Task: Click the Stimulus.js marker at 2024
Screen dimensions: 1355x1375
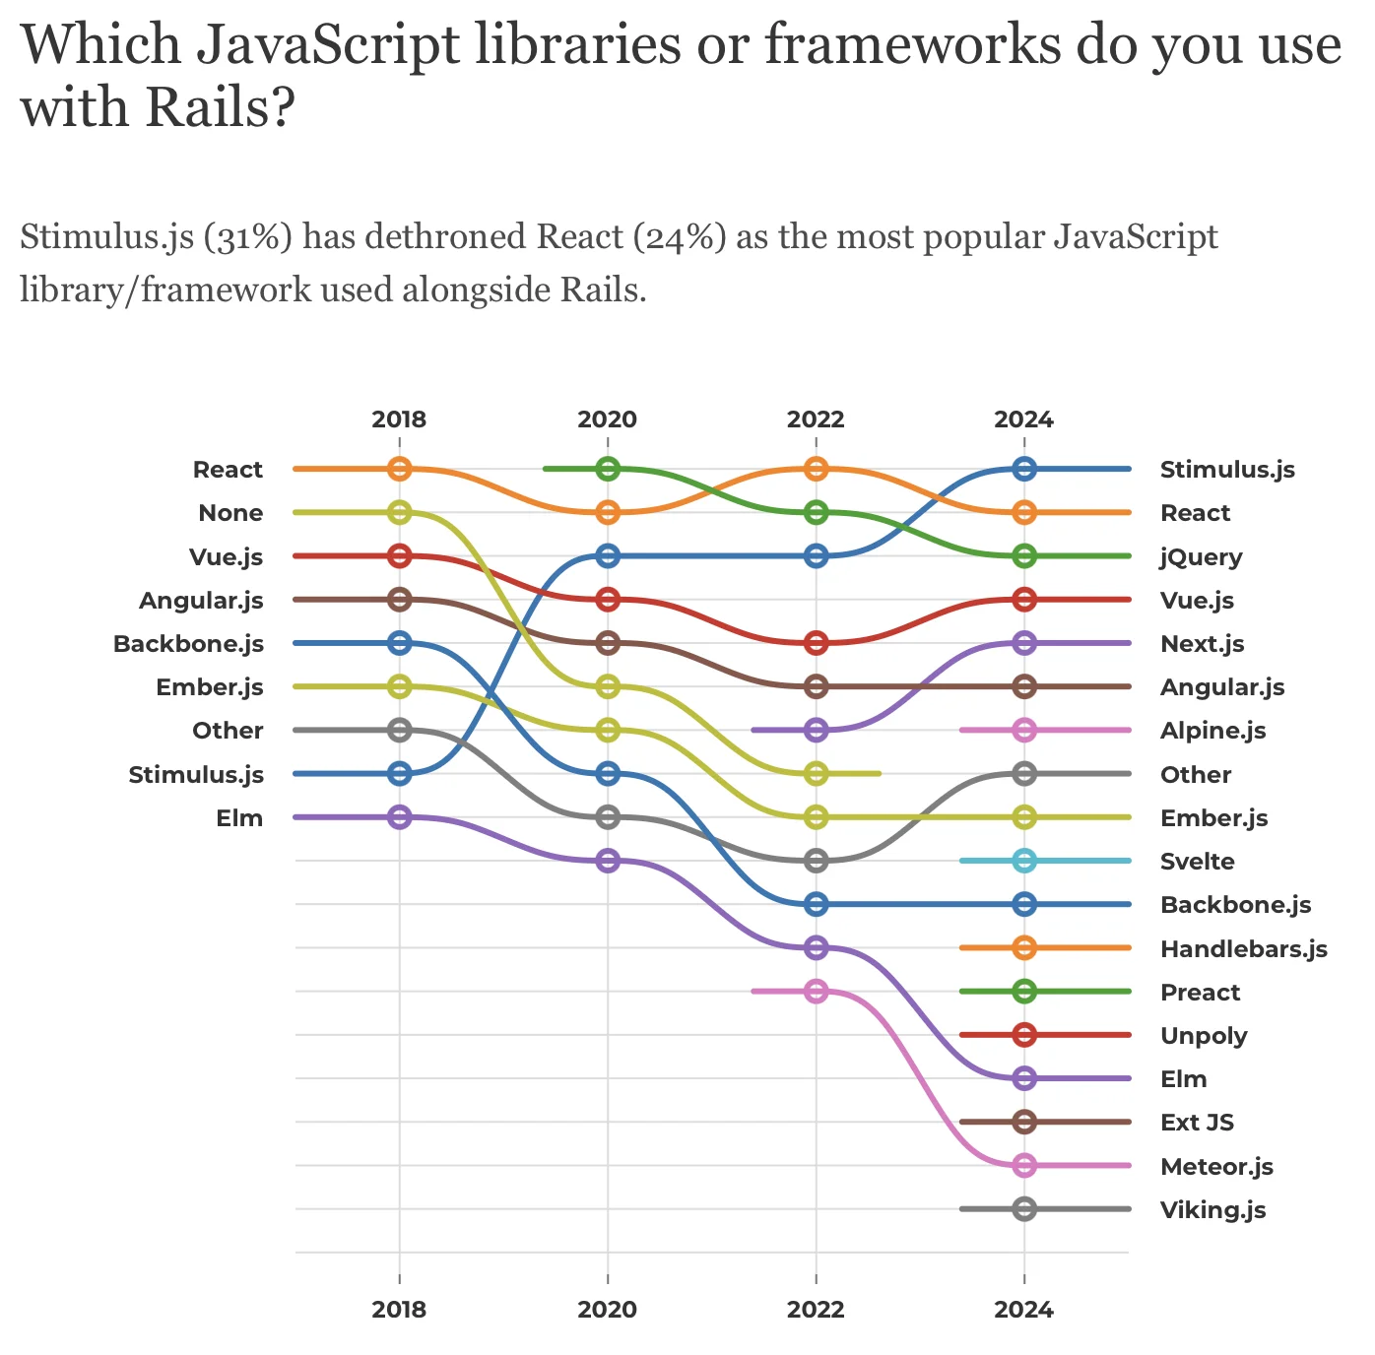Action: tap(1024, 469)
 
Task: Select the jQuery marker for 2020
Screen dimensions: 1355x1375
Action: tap(608, 469)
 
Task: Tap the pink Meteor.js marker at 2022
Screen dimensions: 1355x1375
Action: tap(816, 991)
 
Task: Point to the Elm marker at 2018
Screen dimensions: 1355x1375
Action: tap(399, 816)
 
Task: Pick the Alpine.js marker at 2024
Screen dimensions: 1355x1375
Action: tap(1024, 730)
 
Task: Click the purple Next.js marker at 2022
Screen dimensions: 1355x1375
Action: tap(816, 730)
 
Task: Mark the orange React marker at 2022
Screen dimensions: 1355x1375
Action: tap(816, 469)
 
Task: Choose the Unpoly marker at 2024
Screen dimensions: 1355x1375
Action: tap(1024, 1035)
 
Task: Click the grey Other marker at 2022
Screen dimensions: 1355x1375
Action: tap(816, 861)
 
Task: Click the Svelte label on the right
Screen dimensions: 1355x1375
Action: tap(1197, 862)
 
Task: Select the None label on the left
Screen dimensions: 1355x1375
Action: tap(230, 513)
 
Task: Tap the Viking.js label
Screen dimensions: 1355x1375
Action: tap(1212, 1210)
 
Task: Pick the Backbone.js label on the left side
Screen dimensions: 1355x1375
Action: tap(188, 644)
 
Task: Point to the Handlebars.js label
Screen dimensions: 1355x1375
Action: tap(1243, 949)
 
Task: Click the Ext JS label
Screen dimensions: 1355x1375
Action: tap(1197, 1123)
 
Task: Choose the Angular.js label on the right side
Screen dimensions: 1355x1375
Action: tap(1222, 687)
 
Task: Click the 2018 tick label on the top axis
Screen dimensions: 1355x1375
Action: tap(399, 419)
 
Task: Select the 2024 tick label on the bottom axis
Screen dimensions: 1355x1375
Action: tap(1024, 1310)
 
